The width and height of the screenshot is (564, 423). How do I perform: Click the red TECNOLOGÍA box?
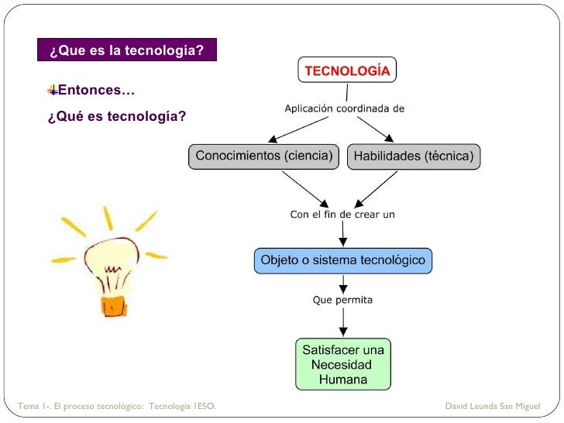[347, 70]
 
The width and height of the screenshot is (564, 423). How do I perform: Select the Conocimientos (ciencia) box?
[263, 156]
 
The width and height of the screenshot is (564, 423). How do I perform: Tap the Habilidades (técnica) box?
[413, 156]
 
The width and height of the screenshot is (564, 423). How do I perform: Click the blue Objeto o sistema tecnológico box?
[342, 260]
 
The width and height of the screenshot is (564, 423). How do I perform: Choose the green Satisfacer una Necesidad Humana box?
[342, 363]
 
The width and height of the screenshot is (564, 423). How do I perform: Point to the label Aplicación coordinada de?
[344, 108]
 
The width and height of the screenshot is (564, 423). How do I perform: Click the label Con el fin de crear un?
[342, 215]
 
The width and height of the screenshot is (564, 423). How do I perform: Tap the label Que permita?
[342, 300]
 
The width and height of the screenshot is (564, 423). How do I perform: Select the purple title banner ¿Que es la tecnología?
[127, 51]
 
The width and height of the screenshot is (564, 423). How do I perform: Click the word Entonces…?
[96, 91]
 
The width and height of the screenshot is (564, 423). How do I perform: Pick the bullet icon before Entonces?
[52, 91]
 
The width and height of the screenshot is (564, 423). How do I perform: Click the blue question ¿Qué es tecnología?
[116, 117]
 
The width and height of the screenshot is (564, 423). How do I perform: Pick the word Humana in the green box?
[342, 380]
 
